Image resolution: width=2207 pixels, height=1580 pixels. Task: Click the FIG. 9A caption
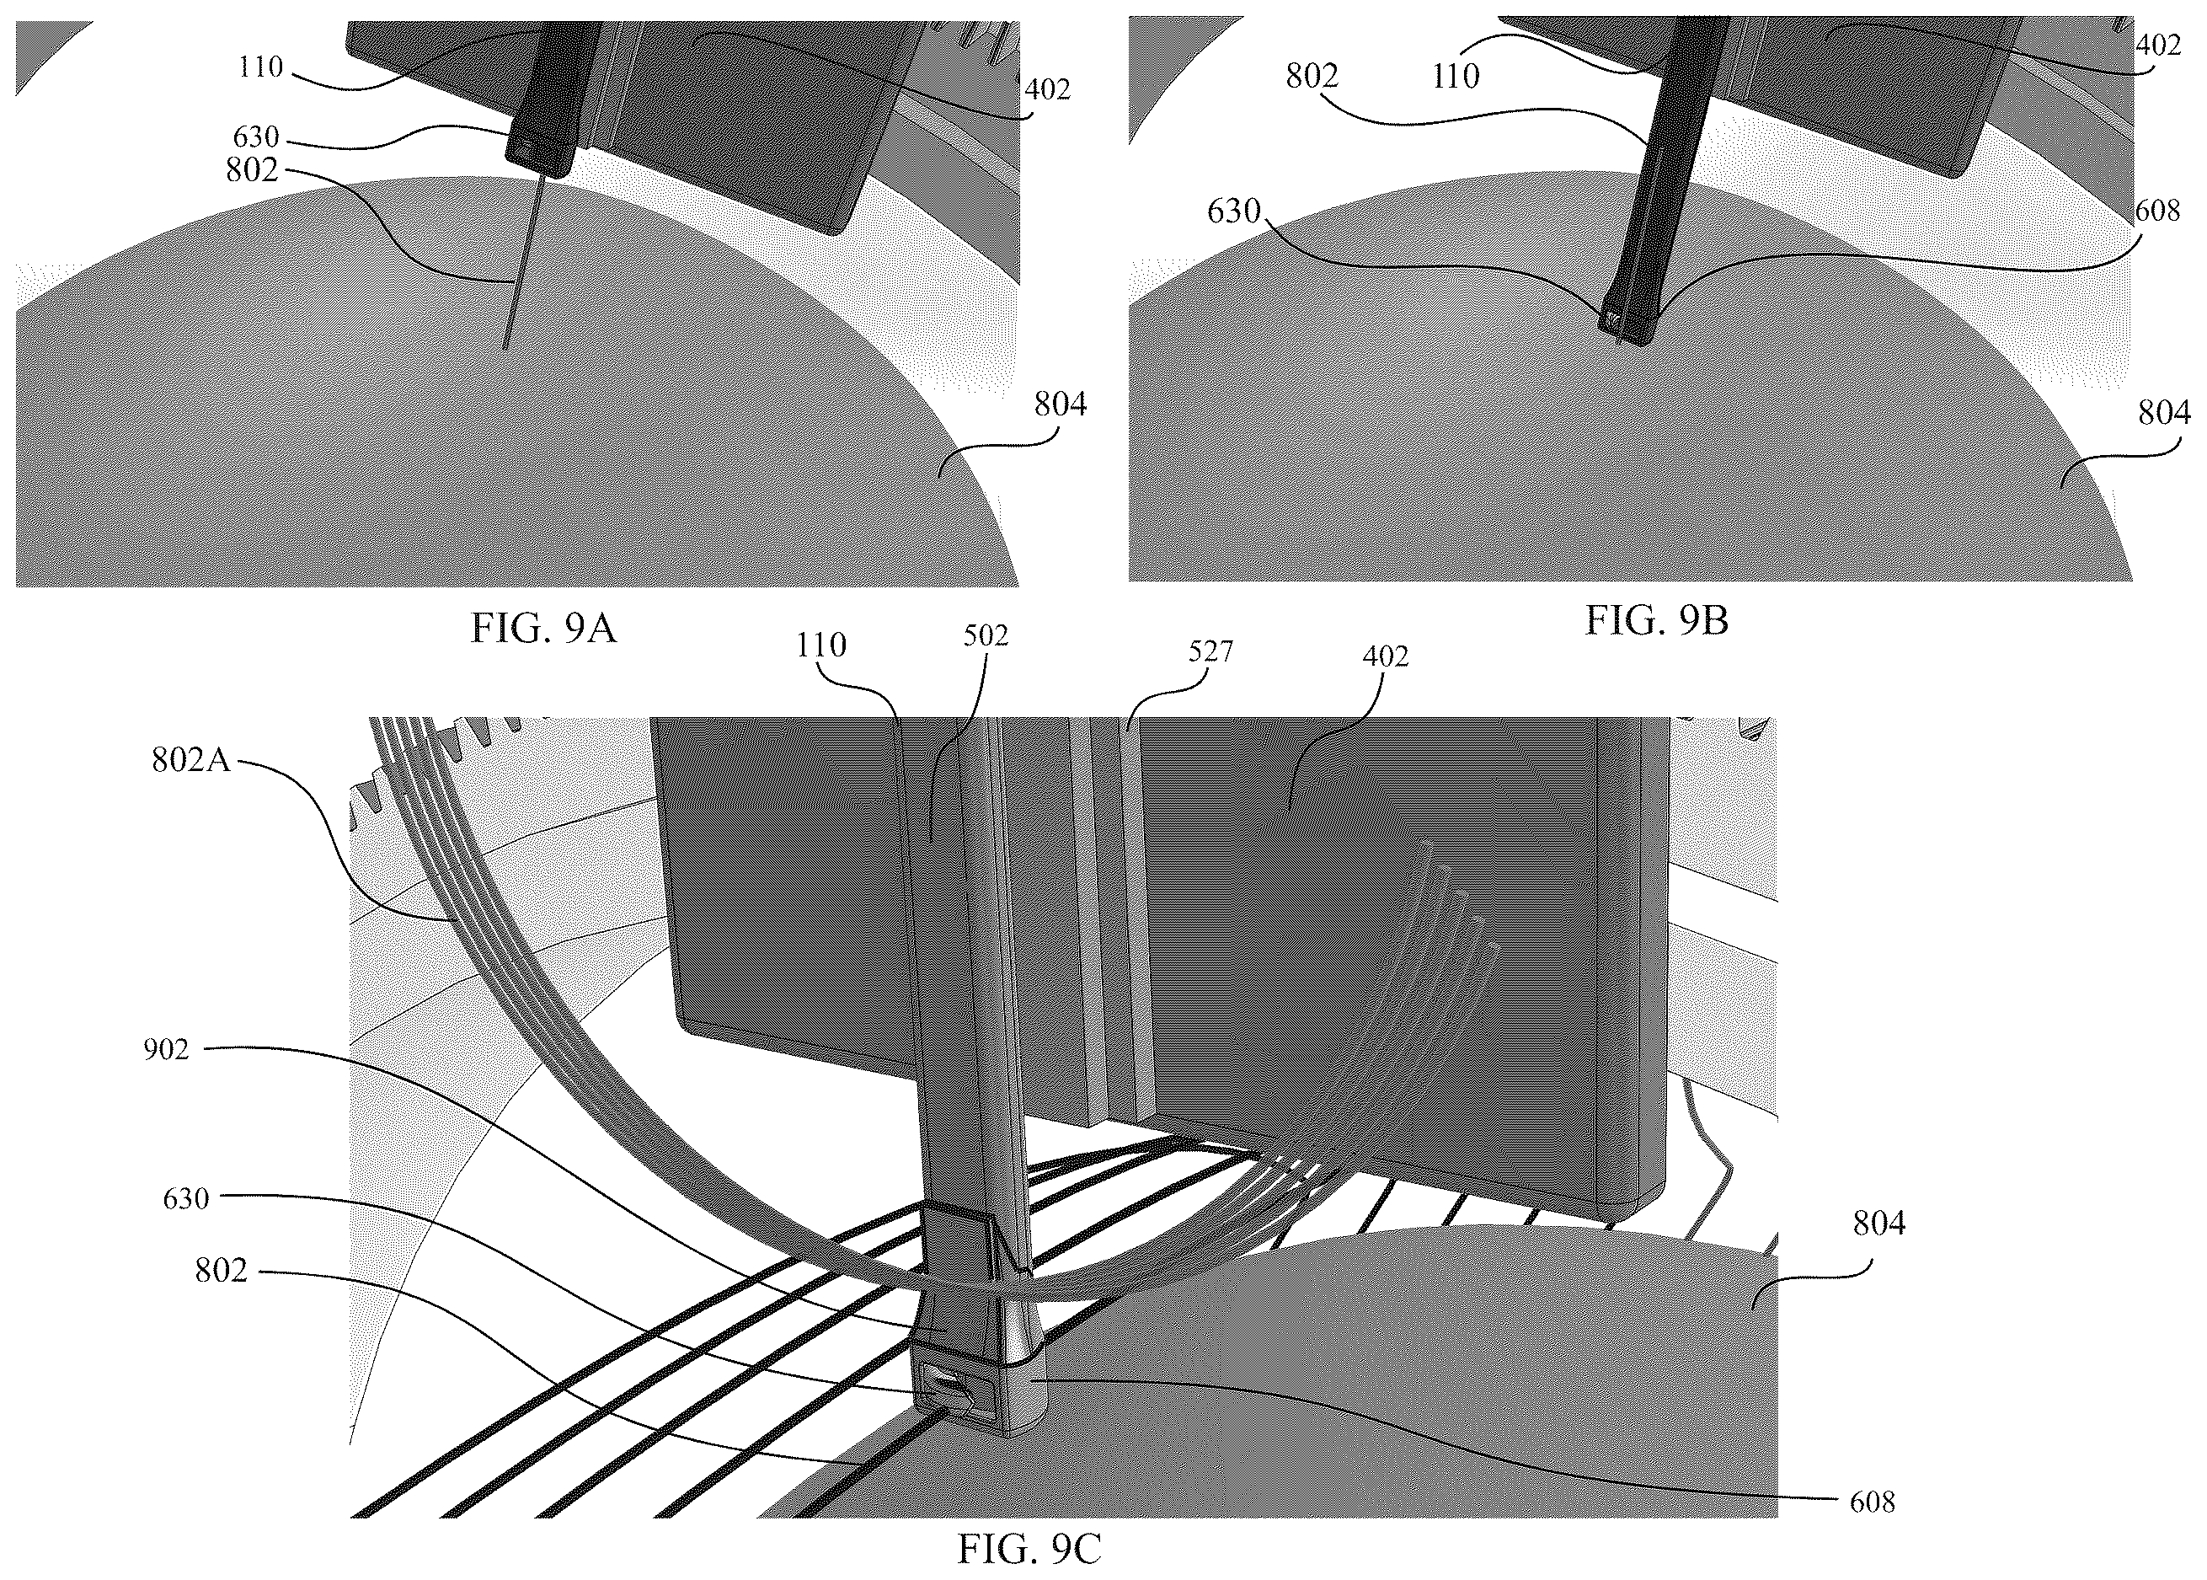(545, 629)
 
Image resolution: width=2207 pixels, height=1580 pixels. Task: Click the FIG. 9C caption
(1030, 1548)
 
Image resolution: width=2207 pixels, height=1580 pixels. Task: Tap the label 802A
(190, 760)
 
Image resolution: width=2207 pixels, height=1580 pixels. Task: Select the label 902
(165, 1050)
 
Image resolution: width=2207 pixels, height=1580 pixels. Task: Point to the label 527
(1211, 652)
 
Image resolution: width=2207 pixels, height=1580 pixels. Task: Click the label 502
(986, 636)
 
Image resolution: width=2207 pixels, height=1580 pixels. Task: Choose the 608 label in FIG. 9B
(2156, 210)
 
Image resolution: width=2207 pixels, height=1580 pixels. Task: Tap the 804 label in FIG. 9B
(2164, 415)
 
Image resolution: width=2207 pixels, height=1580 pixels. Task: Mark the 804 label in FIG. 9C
(1879, 1224)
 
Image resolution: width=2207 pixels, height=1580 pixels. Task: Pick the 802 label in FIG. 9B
(1313, 75)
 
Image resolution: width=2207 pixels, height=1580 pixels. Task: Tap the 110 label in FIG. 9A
(260, 67)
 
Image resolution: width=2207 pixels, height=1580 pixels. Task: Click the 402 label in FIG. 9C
(1385, 656)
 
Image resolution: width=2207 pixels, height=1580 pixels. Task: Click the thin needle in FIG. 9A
(521, 262)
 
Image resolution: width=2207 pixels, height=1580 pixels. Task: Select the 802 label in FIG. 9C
(222, 1271)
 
